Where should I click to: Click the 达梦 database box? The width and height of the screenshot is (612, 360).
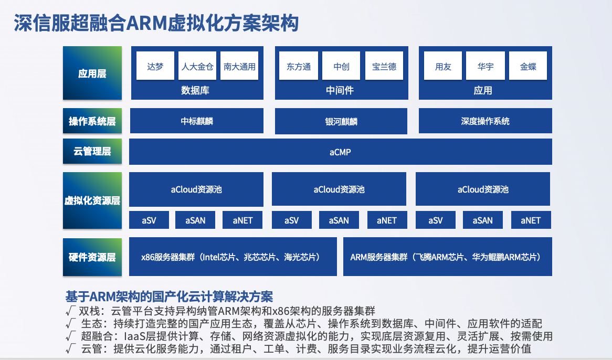pyautogui.click(x=155, y=66)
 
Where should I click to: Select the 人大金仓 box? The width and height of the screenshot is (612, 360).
pyautogui.click(x=197, y=66)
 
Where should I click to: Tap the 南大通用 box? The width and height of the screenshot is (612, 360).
pyautogui.click(x=239, y=66)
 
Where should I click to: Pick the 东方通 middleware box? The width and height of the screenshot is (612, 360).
pyautogui.click(x=299, y=66)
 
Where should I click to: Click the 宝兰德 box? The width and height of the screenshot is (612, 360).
pyautogui.click(x=384, y=66)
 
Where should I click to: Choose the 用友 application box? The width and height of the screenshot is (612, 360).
pyautogui.click(x=443, y=66)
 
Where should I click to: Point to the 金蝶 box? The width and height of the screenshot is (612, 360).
pyautogui.click(x=528, y=66)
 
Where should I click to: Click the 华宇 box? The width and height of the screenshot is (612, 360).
pyautogui.click(x=486, y=66)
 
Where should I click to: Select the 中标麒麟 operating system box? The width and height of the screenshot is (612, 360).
pyautogui.click(x=197, y=121)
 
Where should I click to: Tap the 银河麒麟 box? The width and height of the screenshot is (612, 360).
pyautogui.click(x=341, y=121)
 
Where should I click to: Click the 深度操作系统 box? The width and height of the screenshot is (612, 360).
pyautogui.click(x=485, y=121)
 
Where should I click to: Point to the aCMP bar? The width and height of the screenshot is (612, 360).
pyautogui.click(x=340, y=152)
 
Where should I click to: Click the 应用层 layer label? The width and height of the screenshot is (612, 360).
pyautogui.click(x=92, y=73)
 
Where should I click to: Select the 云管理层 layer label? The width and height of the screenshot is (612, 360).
pyautogui.click(x=92, y=151)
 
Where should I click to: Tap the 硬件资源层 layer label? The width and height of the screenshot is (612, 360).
pyautogui.click(x=92, y=257)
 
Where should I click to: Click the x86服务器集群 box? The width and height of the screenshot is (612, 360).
pyautogui.click(x=233, y=257)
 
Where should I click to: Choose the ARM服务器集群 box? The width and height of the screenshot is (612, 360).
pyautogui.click(x=448, y=257)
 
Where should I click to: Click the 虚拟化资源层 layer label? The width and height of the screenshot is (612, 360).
pyautogui.click(x=92, y=200)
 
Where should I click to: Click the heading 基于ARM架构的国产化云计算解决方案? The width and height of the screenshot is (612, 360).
pyautogui.click(x=169, y=297)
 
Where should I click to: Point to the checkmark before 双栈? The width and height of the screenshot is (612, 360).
pyautogui.click(x=70, y=311)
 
